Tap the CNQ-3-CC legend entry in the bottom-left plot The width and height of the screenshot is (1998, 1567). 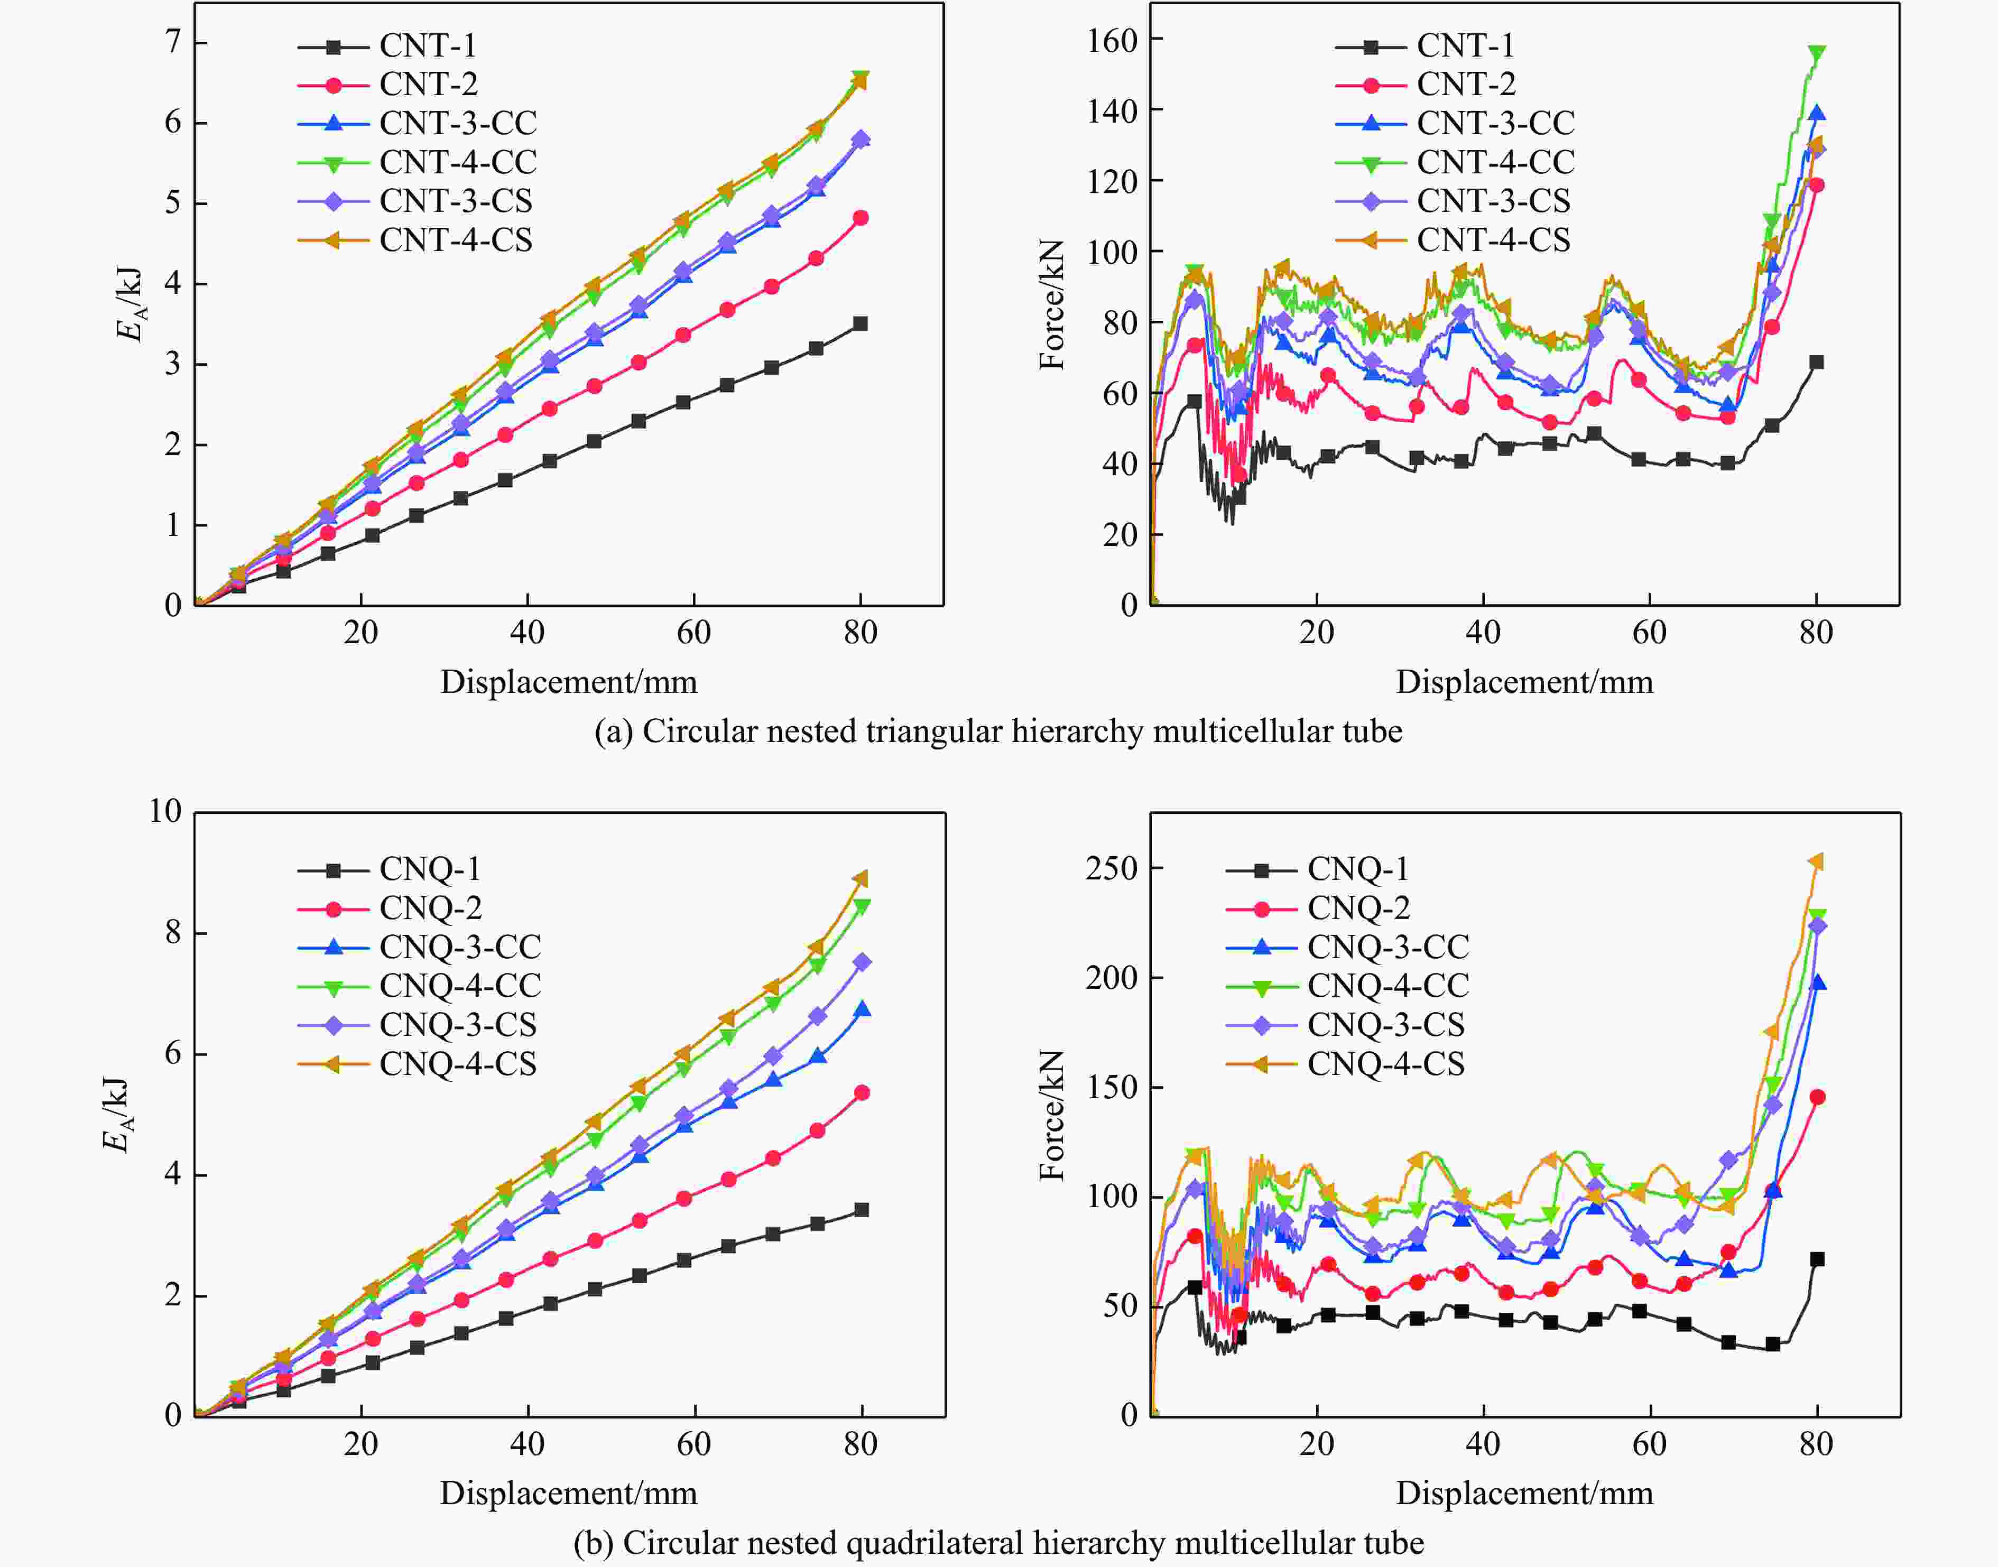460,947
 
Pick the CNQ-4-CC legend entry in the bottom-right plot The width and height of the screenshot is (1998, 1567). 1387,985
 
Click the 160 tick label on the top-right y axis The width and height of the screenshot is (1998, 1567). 1112,40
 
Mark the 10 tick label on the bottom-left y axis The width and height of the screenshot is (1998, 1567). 165,811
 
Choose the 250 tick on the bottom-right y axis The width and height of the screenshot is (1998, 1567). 1112,868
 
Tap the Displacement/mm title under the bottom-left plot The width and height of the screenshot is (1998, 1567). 569,1492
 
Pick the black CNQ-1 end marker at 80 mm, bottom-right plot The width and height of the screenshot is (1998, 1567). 1816,1259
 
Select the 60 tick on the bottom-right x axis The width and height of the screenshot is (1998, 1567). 1649,1445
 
